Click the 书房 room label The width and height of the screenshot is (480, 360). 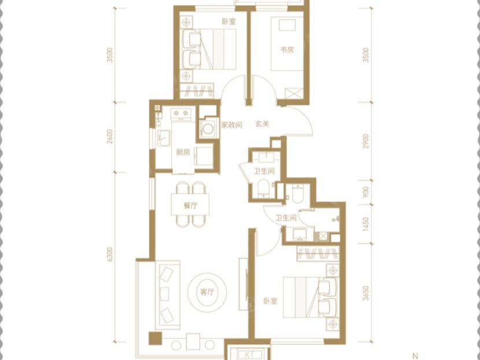[287, 49]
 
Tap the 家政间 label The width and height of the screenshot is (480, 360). [232, 125]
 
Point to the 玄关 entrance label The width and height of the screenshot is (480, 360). [263, 124]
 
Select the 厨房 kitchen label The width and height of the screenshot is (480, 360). [183, 152]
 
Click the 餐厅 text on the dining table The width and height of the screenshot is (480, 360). [190, 205]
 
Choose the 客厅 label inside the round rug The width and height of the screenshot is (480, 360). [207, 292]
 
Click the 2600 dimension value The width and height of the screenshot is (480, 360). [110, 137]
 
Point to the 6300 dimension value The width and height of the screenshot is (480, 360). [110, 255]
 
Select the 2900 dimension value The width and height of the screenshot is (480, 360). [366, 141]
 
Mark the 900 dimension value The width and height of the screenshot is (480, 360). [366, 192]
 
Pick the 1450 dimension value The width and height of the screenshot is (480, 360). [366, 224]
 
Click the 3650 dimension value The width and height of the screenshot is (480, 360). [366, 293]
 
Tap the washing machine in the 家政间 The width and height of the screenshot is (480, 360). [208, 129]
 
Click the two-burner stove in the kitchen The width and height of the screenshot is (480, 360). [180, 113]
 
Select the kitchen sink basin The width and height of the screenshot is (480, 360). [164, 138]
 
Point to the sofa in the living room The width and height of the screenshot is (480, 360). [168, 295]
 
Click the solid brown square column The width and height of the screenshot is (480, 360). [155, 338]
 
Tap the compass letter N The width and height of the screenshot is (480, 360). [415, 356]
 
